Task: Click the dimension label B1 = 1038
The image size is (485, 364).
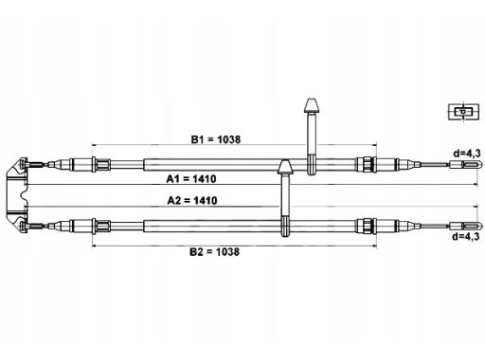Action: [216, 139]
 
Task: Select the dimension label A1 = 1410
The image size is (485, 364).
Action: [191, 179]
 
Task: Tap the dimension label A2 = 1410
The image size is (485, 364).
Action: [192, 200]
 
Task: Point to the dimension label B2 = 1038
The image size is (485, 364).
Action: [214, 252]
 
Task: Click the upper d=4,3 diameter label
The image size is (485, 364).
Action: [467, 154]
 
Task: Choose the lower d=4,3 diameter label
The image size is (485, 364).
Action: [466, 236]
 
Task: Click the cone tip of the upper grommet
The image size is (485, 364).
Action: [312, 99]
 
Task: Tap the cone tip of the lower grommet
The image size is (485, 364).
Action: [285, 160]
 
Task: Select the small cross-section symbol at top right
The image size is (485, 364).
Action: [463, 112]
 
